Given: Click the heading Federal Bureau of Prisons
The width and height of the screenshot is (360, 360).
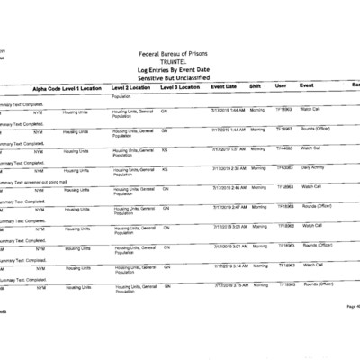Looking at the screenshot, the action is (x=181, y=53).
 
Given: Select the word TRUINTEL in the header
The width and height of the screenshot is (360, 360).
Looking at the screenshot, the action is (x=180, y=61).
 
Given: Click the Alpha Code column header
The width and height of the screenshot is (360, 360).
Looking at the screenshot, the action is (x=47, y=87).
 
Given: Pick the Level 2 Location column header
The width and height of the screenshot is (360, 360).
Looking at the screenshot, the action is (x=134, y=87).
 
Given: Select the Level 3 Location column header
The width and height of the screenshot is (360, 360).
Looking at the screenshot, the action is (x=180, y=87).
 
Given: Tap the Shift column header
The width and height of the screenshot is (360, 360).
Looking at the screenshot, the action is (x=255, y=87).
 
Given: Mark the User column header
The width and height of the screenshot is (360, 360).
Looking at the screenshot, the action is (x=281, y=87).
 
